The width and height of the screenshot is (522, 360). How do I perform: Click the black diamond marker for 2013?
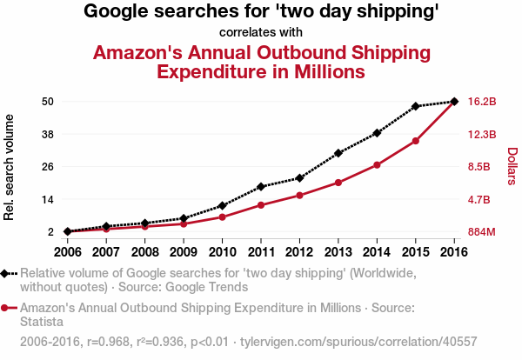point(338,153)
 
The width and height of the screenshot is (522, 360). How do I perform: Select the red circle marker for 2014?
point(377,164)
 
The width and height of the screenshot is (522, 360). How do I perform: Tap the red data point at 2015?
point(416,141)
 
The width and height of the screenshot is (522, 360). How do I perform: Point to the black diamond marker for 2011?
point(261,187)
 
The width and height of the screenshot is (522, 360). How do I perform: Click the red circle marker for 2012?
point(299,195)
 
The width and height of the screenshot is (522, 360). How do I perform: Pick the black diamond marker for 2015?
point(416,106)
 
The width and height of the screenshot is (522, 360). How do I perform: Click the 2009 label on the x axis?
point(183,252)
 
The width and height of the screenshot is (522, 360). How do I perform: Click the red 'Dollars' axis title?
point(512,166)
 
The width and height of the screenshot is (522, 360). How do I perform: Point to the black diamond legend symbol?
point(6,273)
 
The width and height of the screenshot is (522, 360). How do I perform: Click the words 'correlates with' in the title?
point(261,33)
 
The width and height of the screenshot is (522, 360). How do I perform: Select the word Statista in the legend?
point(42,321)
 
